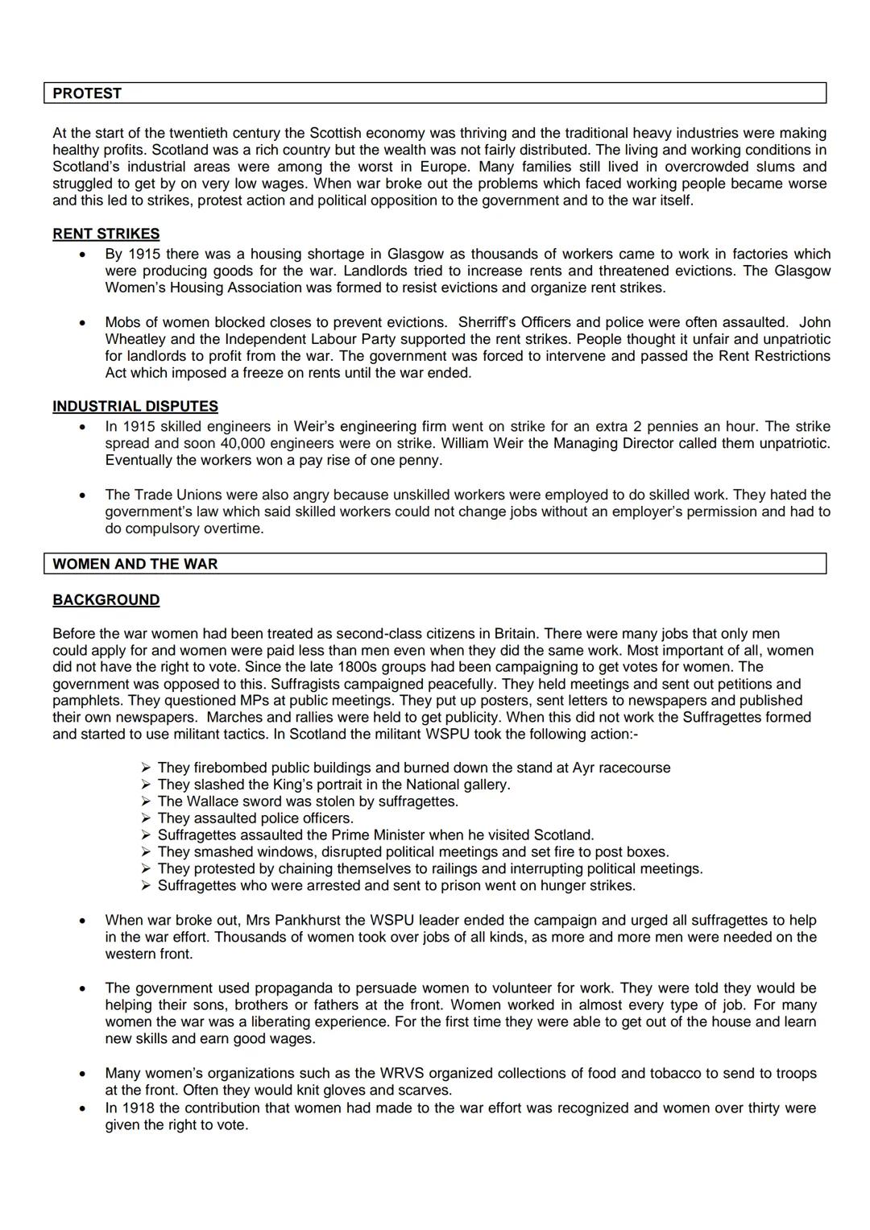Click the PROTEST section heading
[x=87, y=93]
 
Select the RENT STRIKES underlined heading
[x=106, y=234]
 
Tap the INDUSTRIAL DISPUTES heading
[x=135, y=407]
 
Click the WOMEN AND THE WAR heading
[x=135, y=564]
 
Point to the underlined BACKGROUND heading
[x=106, y=600]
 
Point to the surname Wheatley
[x=137, y=339]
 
